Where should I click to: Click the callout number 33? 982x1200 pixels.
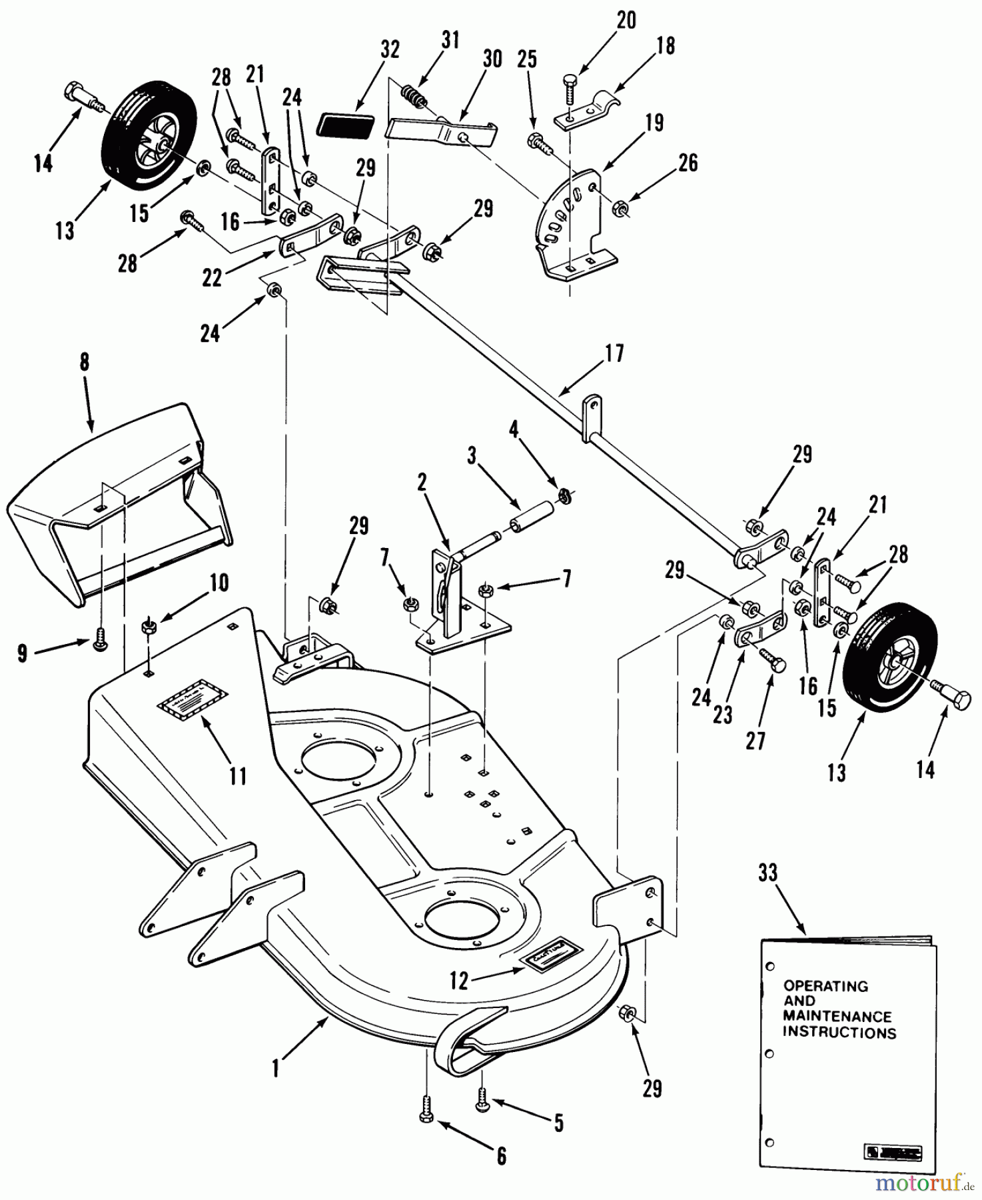coord(767,873)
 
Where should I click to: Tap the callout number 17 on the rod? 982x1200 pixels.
coord(614,353)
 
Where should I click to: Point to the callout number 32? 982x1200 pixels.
coord(390,49)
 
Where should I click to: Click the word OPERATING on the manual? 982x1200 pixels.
coord(825,985)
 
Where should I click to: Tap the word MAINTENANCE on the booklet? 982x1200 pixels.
coord(837,1017)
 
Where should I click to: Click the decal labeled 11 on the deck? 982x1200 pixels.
coord(192,698)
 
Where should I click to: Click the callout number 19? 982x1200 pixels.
coord(654,123)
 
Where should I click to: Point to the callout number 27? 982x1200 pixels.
coord(755,741)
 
